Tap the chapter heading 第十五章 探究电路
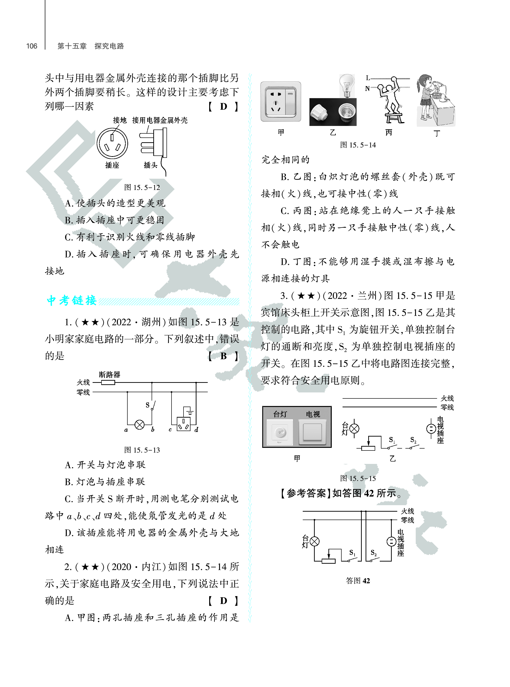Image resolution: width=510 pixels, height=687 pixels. coord(90,46)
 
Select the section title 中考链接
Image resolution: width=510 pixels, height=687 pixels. coord(72,300)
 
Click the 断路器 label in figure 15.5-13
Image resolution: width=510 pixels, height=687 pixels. coord(109,375)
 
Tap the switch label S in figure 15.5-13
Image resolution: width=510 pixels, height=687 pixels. coord(148,405)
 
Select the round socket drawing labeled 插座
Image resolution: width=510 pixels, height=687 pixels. coord(112,143)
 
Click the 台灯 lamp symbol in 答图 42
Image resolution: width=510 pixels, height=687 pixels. coord(314,541)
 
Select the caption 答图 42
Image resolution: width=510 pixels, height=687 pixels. coord(358,581)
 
